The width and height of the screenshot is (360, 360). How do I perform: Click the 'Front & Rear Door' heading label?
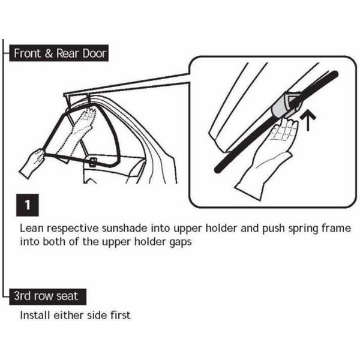click(59, 53)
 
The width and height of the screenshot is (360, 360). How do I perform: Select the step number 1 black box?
click(28, 205)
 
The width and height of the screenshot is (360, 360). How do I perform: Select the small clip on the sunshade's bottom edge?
click(94, 162)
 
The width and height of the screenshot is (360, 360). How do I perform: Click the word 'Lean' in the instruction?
click(31, 229)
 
